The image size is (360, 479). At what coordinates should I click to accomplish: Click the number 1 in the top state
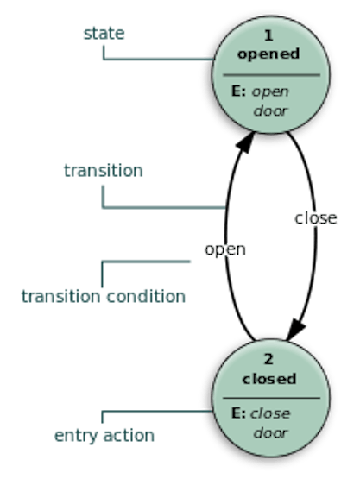pyautogui.click(x=268, y=35)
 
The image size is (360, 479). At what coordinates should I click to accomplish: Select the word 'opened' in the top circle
pyautogui.click(x=268, y=54)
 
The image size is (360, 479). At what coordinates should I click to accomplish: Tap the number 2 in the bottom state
pyautogui.click(x=268, y=359)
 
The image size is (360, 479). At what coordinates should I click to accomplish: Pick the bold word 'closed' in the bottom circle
pyautogui.click(x=269, y=379)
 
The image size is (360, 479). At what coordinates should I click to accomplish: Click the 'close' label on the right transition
pyautogui.click(x=316, y=218)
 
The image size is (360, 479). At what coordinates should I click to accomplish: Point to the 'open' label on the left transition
pyautogui.click(x=225, y=250)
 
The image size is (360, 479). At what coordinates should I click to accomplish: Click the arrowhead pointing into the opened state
pyautogui.click(x=246, y=142)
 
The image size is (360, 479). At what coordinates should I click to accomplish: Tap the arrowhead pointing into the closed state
pyautogui.click(x=295, y=330)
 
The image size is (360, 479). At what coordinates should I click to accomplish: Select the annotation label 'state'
pyautogui.click(x=104, y=34)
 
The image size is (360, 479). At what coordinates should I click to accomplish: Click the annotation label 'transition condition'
pyautogui.click(x=104, y=297)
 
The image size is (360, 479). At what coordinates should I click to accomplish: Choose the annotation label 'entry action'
pyautogui.click(x=104, y=436)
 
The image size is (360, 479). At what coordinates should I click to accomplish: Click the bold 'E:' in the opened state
pyautogui.click(x=238, y=91)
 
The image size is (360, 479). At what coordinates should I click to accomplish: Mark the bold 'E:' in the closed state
pyautogui.click(x=238, y=413)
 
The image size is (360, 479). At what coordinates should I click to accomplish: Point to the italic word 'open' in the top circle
pyautogui.click(x=270, y=92)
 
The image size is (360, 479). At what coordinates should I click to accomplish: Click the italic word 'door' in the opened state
pyautogui.click(x=270, y=110)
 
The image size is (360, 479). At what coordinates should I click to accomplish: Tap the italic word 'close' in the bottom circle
pyautogui.click(x=270, y=413)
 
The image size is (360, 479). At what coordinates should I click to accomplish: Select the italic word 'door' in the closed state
pyautogui.click(x=270, y=433)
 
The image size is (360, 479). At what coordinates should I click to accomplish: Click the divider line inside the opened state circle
pyautogui.click(x=271, y=74)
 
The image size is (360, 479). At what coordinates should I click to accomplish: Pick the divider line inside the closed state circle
pyautogui.click(x=271, y=398)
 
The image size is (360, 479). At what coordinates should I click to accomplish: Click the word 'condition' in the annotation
pyautogui.click(x=146, y=297)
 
